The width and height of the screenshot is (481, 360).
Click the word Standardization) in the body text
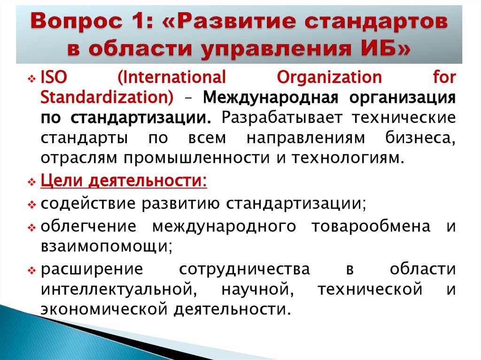(x=107, y=97)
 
